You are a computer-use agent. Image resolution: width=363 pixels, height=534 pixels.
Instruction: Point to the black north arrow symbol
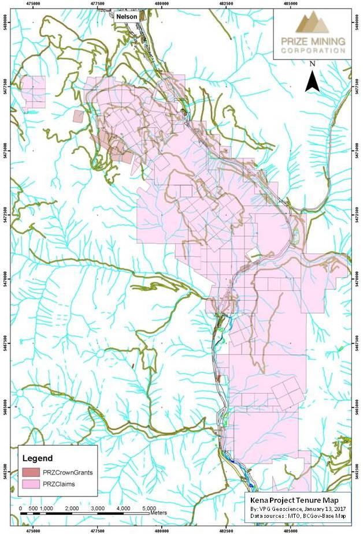pos(312,80)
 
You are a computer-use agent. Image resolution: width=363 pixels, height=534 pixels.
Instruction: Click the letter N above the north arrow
pos(312,64)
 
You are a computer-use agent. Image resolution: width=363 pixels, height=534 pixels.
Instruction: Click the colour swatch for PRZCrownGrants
pos(31,472)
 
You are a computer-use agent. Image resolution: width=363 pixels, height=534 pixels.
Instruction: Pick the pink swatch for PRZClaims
pos(31,483)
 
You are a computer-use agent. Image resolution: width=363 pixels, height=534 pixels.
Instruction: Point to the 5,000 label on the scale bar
pos(149,507)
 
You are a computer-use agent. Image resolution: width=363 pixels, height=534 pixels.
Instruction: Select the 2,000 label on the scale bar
pos(72,507)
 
